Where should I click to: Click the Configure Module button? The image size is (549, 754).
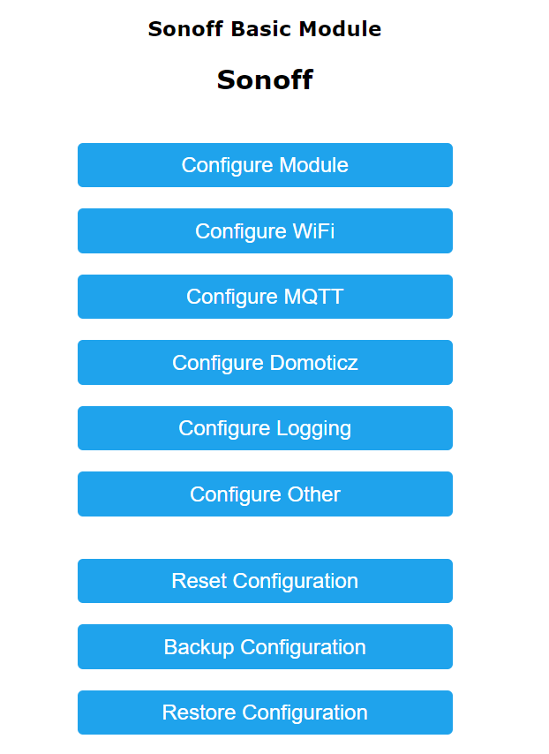265,165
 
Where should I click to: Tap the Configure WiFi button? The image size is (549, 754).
265,231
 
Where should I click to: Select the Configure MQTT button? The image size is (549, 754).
265,297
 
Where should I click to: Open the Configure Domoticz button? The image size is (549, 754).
265,363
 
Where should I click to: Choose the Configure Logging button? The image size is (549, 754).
265,428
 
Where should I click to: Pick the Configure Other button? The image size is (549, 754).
265,494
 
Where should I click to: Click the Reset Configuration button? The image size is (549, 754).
265,581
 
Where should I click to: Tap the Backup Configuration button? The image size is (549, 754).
265,647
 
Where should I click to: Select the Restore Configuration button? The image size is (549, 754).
265,713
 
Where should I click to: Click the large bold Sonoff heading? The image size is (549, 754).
265,80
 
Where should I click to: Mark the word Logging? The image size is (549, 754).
314,429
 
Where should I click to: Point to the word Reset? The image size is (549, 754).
199,581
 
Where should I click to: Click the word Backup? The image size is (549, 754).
199,647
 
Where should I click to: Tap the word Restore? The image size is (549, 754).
199,713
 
